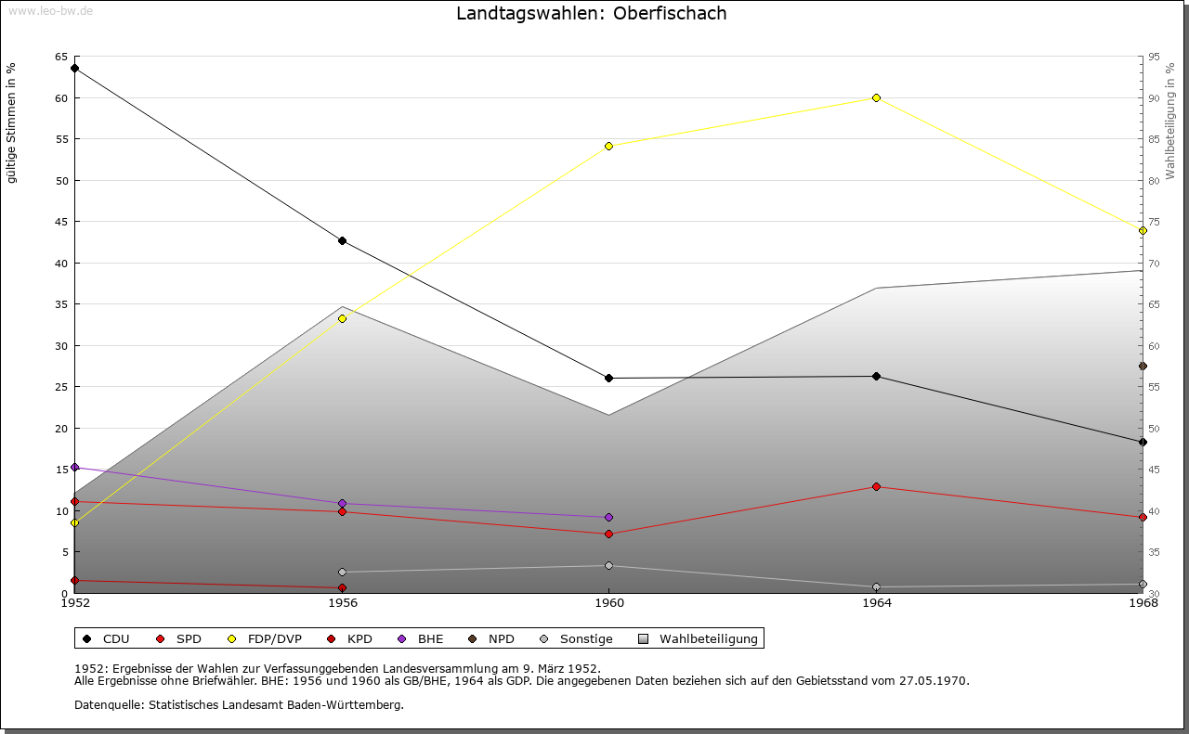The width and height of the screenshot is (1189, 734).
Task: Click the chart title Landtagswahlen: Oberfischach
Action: click(x=592, y=14)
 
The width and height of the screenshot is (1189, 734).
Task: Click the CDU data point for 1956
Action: click(x=342, y=241)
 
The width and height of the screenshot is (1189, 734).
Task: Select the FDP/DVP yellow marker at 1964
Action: click(x=876, y=97)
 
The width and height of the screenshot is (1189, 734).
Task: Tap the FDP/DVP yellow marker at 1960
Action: click(x=608, y=146)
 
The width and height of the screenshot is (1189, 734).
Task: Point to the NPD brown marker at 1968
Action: click(x=1143, y=366)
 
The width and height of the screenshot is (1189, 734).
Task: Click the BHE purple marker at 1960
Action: click(x=608, y=517)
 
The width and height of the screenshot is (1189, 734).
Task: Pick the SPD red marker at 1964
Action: click(x=876, y=486)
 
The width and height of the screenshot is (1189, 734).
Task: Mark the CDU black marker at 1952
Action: click(x=74, y=68)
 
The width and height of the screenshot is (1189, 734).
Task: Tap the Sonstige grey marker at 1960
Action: click(x=608, y=565)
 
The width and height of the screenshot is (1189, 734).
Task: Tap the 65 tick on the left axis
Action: click(x=61, y=57)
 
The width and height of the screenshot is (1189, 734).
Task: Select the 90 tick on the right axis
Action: click(x=1154, y=98)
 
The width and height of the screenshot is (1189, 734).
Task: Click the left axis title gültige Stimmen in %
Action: click(x=12, y=122)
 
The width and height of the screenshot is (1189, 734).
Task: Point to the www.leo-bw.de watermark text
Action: click(x=50, y=9)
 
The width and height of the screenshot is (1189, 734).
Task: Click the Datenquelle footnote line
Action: click(x=239, y=704)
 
